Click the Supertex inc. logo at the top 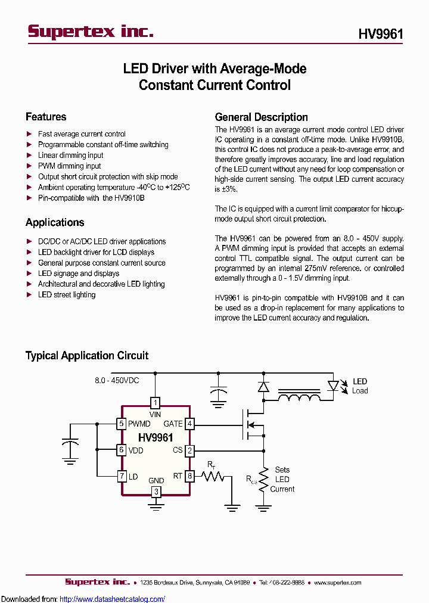coord(91,32)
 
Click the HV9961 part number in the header coord(380,34)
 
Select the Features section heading coord(46,117)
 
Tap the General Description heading coord(261,117)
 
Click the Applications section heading coord(55,222)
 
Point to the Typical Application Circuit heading coord(87,356)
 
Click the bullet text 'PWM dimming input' coord(69,166)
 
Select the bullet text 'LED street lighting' coord(67,295)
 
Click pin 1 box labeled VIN coord(156,402)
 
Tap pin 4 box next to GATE coord(189,424)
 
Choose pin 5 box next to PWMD coord(122,424)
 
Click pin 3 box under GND coord(156,492)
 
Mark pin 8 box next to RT coord(189,476)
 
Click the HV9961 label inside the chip coord(156,438)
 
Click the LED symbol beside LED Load coord(333,386)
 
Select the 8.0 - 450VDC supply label coord(117,380)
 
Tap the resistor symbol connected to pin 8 coord(212,476)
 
